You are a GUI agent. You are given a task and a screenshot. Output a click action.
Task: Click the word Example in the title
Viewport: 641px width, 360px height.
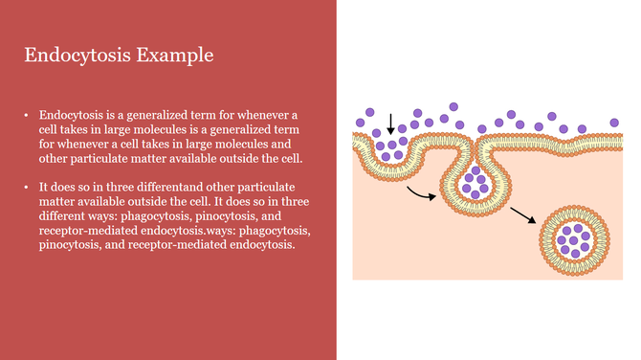click(x=175, y=55)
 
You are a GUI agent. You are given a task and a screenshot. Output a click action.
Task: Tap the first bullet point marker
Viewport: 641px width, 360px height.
click(x=27, y=115)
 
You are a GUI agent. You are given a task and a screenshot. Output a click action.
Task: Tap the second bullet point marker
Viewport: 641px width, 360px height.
click(x=27, y=184)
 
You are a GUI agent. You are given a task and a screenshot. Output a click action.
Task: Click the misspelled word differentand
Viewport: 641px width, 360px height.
click(x=148, y=184)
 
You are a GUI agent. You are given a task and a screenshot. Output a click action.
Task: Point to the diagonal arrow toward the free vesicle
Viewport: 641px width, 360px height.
click(x=523, y=214)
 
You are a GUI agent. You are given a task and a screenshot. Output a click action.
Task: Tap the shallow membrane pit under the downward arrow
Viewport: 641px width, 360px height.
click(x=392, y=150)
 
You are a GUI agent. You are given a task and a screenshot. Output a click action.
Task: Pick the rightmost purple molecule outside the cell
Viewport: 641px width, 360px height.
click(x=614, y=123)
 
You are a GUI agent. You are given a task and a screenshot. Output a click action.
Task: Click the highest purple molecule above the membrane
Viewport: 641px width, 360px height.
click(x=453, y=107)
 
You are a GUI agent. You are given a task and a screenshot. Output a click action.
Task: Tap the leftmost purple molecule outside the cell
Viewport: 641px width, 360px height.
click(x=360, y=123)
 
